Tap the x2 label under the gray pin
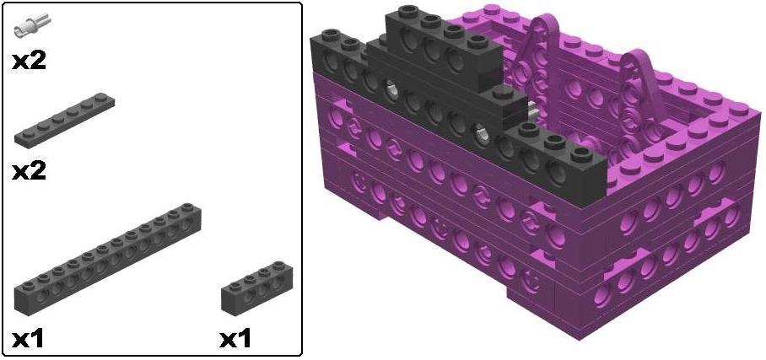[x=29, y=61]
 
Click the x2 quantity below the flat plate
[x=29, y=171]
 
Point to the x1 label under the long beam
[x=29, y=339]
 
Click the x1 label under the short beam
[x=235, y=339]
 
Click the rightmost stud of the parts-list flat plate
[x=105, y=101]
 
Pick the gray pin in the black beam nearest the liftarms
[x=480, y=132]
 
